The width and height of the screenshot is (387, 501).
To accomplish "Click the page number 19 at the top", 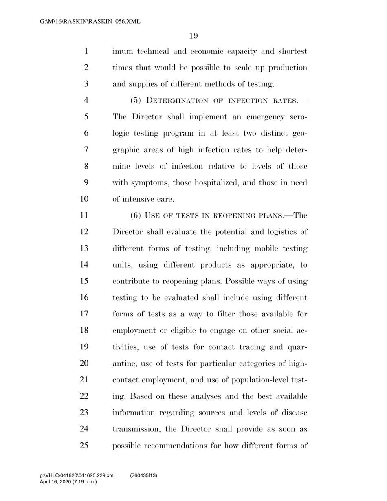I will pyautogui.click(x=193, y=36).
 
